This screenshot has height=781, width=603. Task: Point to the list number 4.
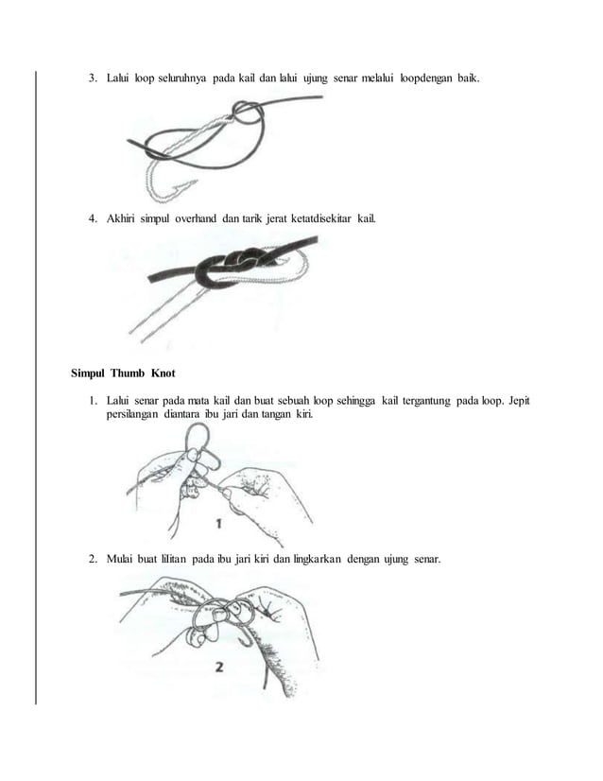coord(94,219)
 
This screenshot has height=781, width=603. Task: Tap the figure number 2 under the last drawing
coord(219,668)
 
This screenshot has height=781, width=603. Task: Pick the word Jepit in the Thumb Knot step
coord(517,403)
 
